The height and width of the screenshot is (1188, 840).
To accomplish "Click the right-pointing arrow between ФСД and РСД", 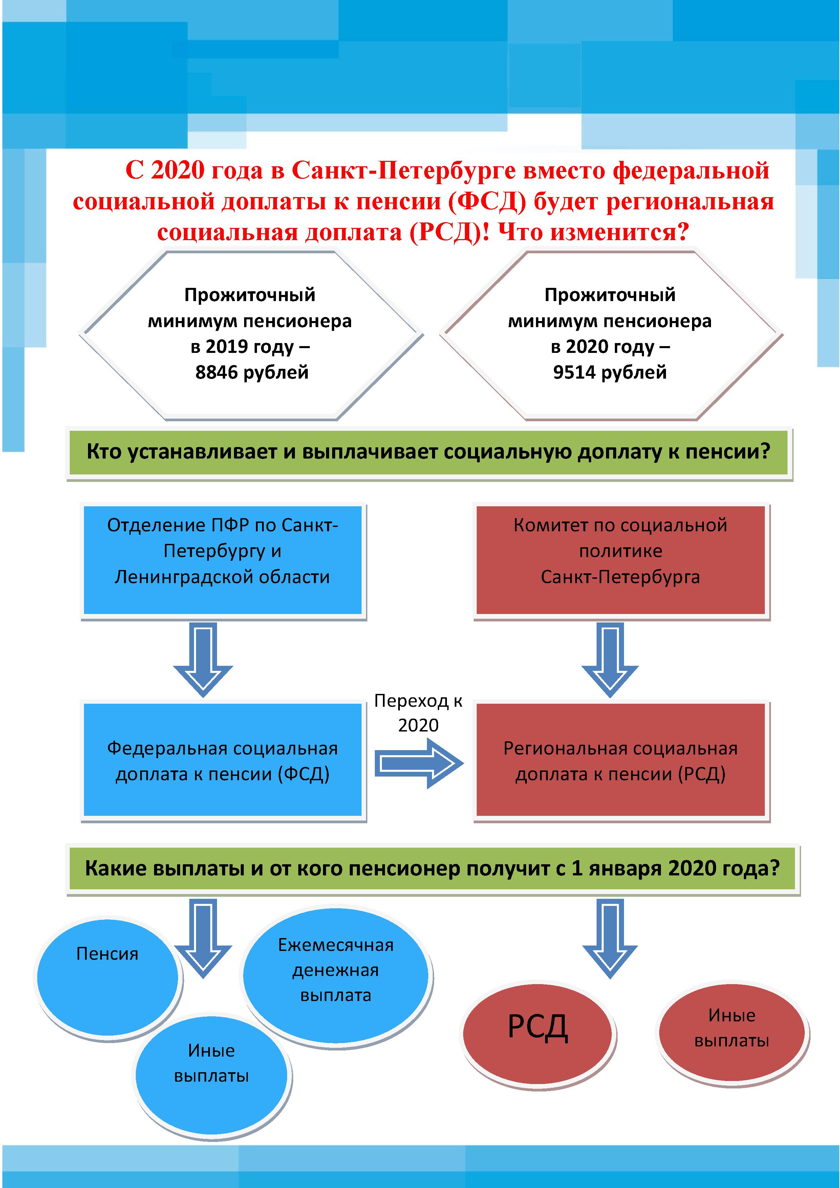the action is [419, 763].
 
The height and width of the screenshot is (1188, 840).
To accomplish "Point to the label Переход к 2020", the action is [418, 713].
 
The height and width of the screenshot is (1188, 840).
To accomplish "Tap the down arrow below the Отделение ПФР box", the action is [203, 659].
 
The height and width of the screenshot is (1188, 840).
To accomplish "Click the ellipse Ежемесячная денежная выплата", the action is [336, 974].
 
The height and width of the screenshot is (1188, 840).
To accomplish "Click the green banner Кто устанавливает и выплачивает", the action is [428, 452].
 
